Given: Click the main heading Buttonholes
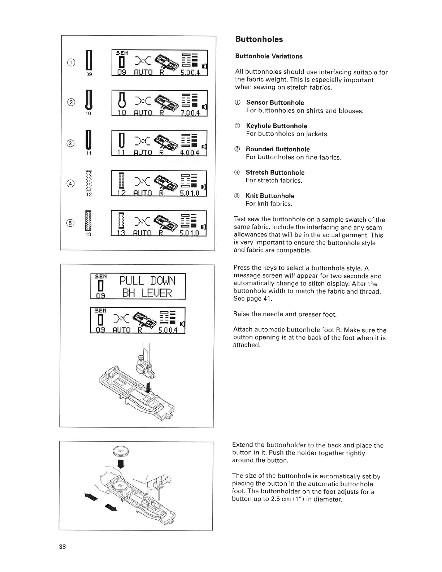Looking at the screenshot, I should tap(259, 39).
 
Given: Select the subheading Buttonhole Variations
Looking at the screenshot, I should tap(269, 56).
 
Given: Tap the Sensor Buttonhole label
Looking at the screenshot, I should tap(275, 103).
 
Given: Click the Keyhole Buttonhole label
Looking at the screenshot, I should tap(277, 126).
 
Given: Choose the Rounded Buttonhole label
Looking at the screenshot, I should tap(278, 149).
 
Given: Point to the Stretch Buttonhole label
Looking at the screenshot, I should tap(275, 173).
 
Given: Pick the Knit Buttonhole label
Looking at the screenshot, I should tap(270, 196).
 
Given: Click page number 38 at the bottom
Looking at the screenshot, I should tap(62, 546).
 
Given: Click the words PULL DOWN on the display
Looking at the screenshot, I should tap(147, 280).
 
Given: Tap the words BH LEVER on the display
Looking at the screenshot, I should tap(147, 293).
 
